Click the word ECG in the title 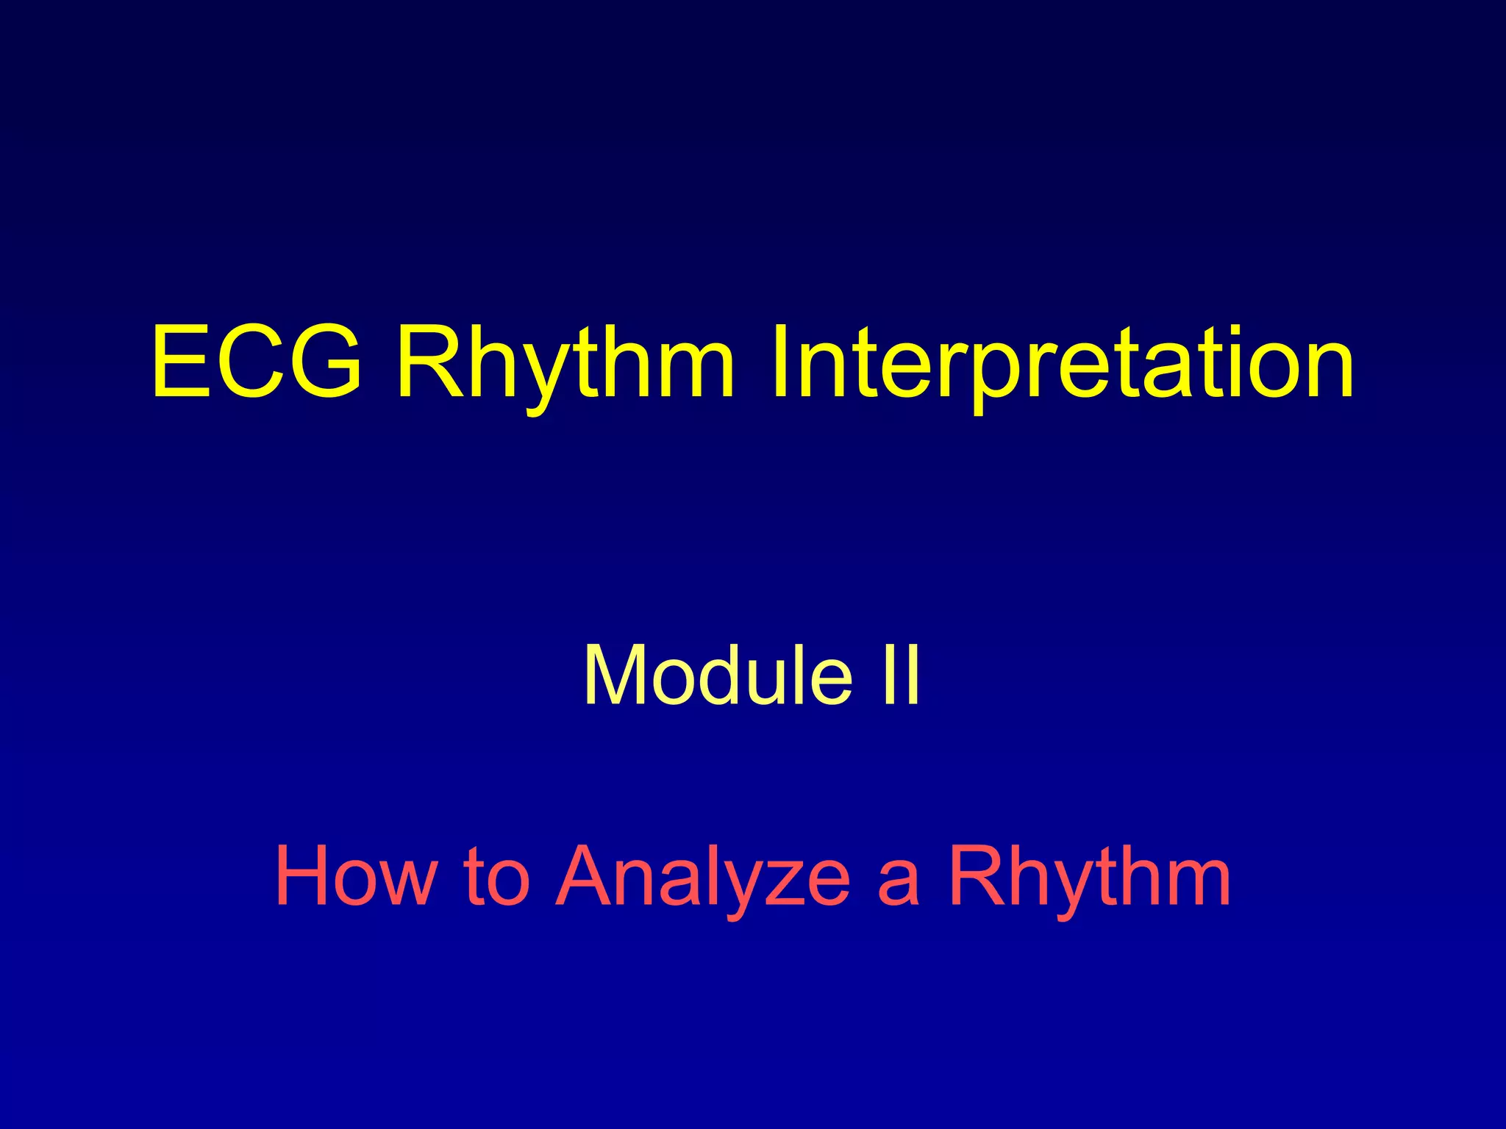(257, 362)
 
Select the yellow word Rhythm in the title (565, 362)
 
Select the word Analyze (702, 876)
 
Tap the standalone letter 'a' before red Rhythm (898, 882)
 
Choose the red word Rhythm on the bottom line (1089, 876)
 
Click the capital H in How (304, 876)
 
